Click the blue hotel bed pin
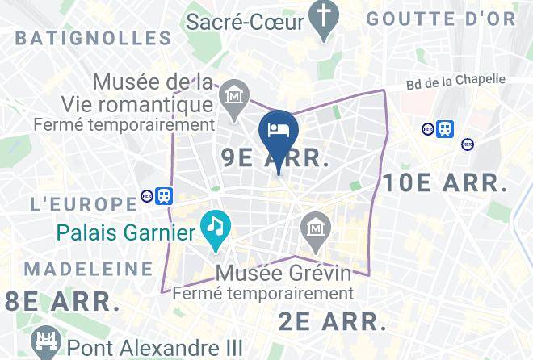click(279, 132)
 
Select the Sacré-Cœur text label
click(246, 21)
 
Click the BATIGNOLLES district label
click(94, 37)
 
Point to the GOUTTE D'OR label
click(440, 19)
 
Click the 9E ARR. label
click(275, 159)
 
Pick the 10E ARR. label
click(445, 182)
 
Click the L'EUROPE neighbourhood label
click(84, 203)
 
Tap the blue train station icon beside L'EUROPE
click(164, 195)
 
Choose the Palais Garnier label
click(127, 234)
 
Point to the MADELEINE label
click(89, 269)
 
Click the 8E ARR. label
click(58, 301)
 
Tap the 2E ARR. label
click(333, 320)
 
